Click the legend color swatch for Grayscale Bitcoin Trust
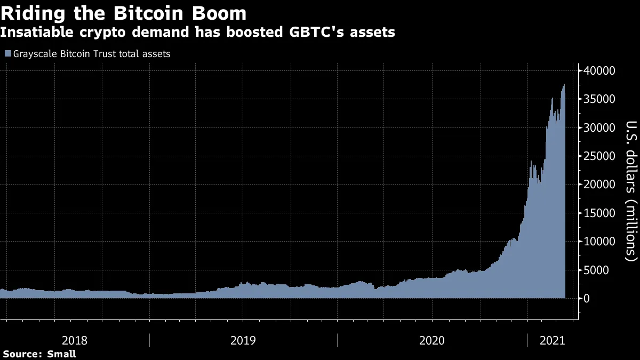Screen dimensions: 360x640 click(7, 54)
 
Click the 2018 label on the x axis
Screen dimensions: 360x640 click(75, 340)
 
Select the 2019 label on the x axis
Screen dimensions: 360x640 click(244, 340)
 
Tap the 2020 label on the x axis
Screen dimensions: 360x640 click(433, 340)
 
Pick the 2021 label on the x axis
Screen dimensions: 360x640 click(553, 340)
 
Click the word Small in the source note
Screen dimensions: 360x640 click(61, 354)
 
